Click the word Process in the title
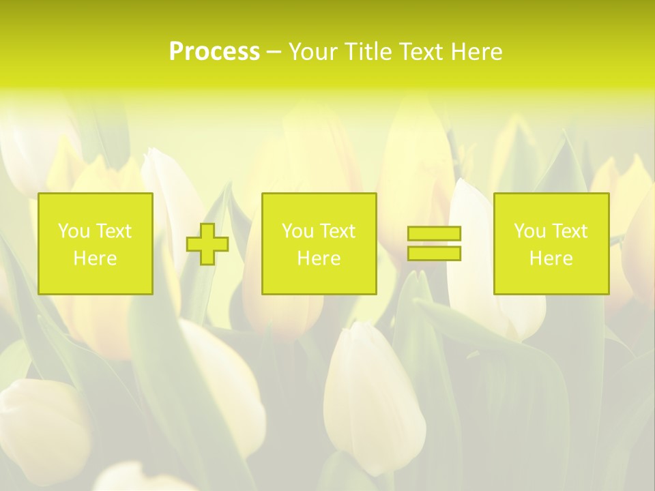pos(214,52)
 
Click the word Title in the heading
pos(367,52)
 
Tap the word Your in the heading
pos(315,52)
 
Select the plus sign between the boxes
pos(207,244)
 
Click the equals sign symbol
pos(434,243)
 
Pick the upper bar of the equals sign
pos(434,234)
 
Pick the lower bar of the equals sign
pos(434,254)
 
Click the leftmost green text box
pos(96,244)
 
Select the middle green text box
pos(319,244)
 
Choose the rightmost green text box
pos(551,244)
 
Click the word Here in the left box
pos(96,258)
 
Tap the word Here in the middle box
pos(319,258)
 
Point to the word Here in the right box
pos(551,258)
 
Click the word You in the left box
pos(74,231)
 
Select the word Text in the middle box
pos(337,231)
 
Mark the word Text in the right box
pos(569,231)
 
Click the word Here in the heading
pos(477,52)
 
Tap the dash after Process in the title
pos(274,53)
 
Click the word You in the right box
pos(529,231)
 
